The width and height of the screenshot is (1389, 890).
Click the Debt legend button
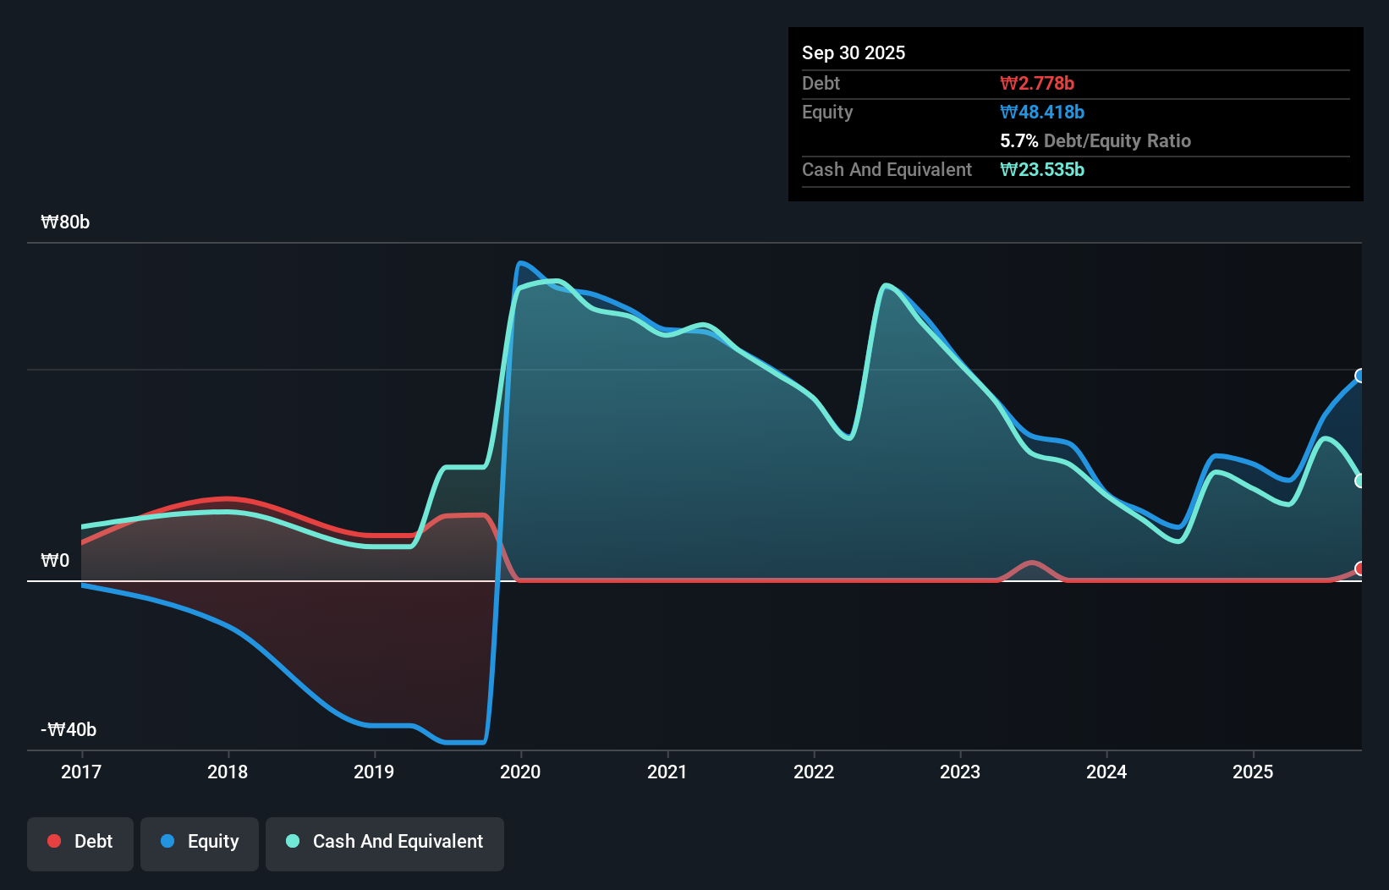(80, 842)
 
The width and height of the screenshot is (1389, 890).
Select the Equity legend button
(200, 842)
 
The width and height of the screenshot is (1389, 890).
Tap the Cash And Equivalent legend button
(385, 842)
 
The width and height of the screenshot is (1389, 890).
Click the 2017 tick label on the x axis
(81, 772)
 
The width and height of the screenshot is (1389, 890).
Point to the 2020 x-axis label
(520, 772)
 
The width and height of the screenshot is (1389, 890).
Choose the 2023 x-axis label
(960, 772)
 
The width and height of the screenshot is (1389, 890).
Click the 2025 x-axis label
(1253, 772)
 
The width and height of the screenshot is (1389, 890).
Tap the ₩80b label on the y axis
(65, 222)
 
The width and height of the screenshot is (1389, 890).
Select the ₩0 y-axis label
(55, 561)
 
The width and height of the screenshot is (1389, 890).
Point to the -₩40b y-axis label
(69, 730)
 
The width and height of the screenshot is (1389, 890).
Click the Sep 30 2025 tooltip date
(854, 52)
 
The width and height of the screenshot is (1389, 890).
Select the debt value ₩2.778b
(1037, 83)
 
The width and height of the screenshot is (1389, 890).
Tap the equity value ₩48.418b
(1042, 112)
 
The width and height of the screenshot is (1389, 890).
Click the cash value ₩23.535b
(1042, 169)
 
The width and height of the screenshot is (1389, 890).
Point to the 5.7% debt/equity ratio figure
(1018, 141)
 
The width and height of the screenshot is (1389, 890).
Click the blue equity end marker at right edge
(1360, 376)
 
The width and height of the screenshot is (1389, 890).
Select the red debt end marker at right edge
(1360, 569)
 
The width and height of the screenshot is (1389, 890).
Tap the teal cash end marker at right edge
(1360, 481)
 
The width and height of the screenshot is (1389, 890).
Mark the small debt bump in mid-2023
(1032, 563)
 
